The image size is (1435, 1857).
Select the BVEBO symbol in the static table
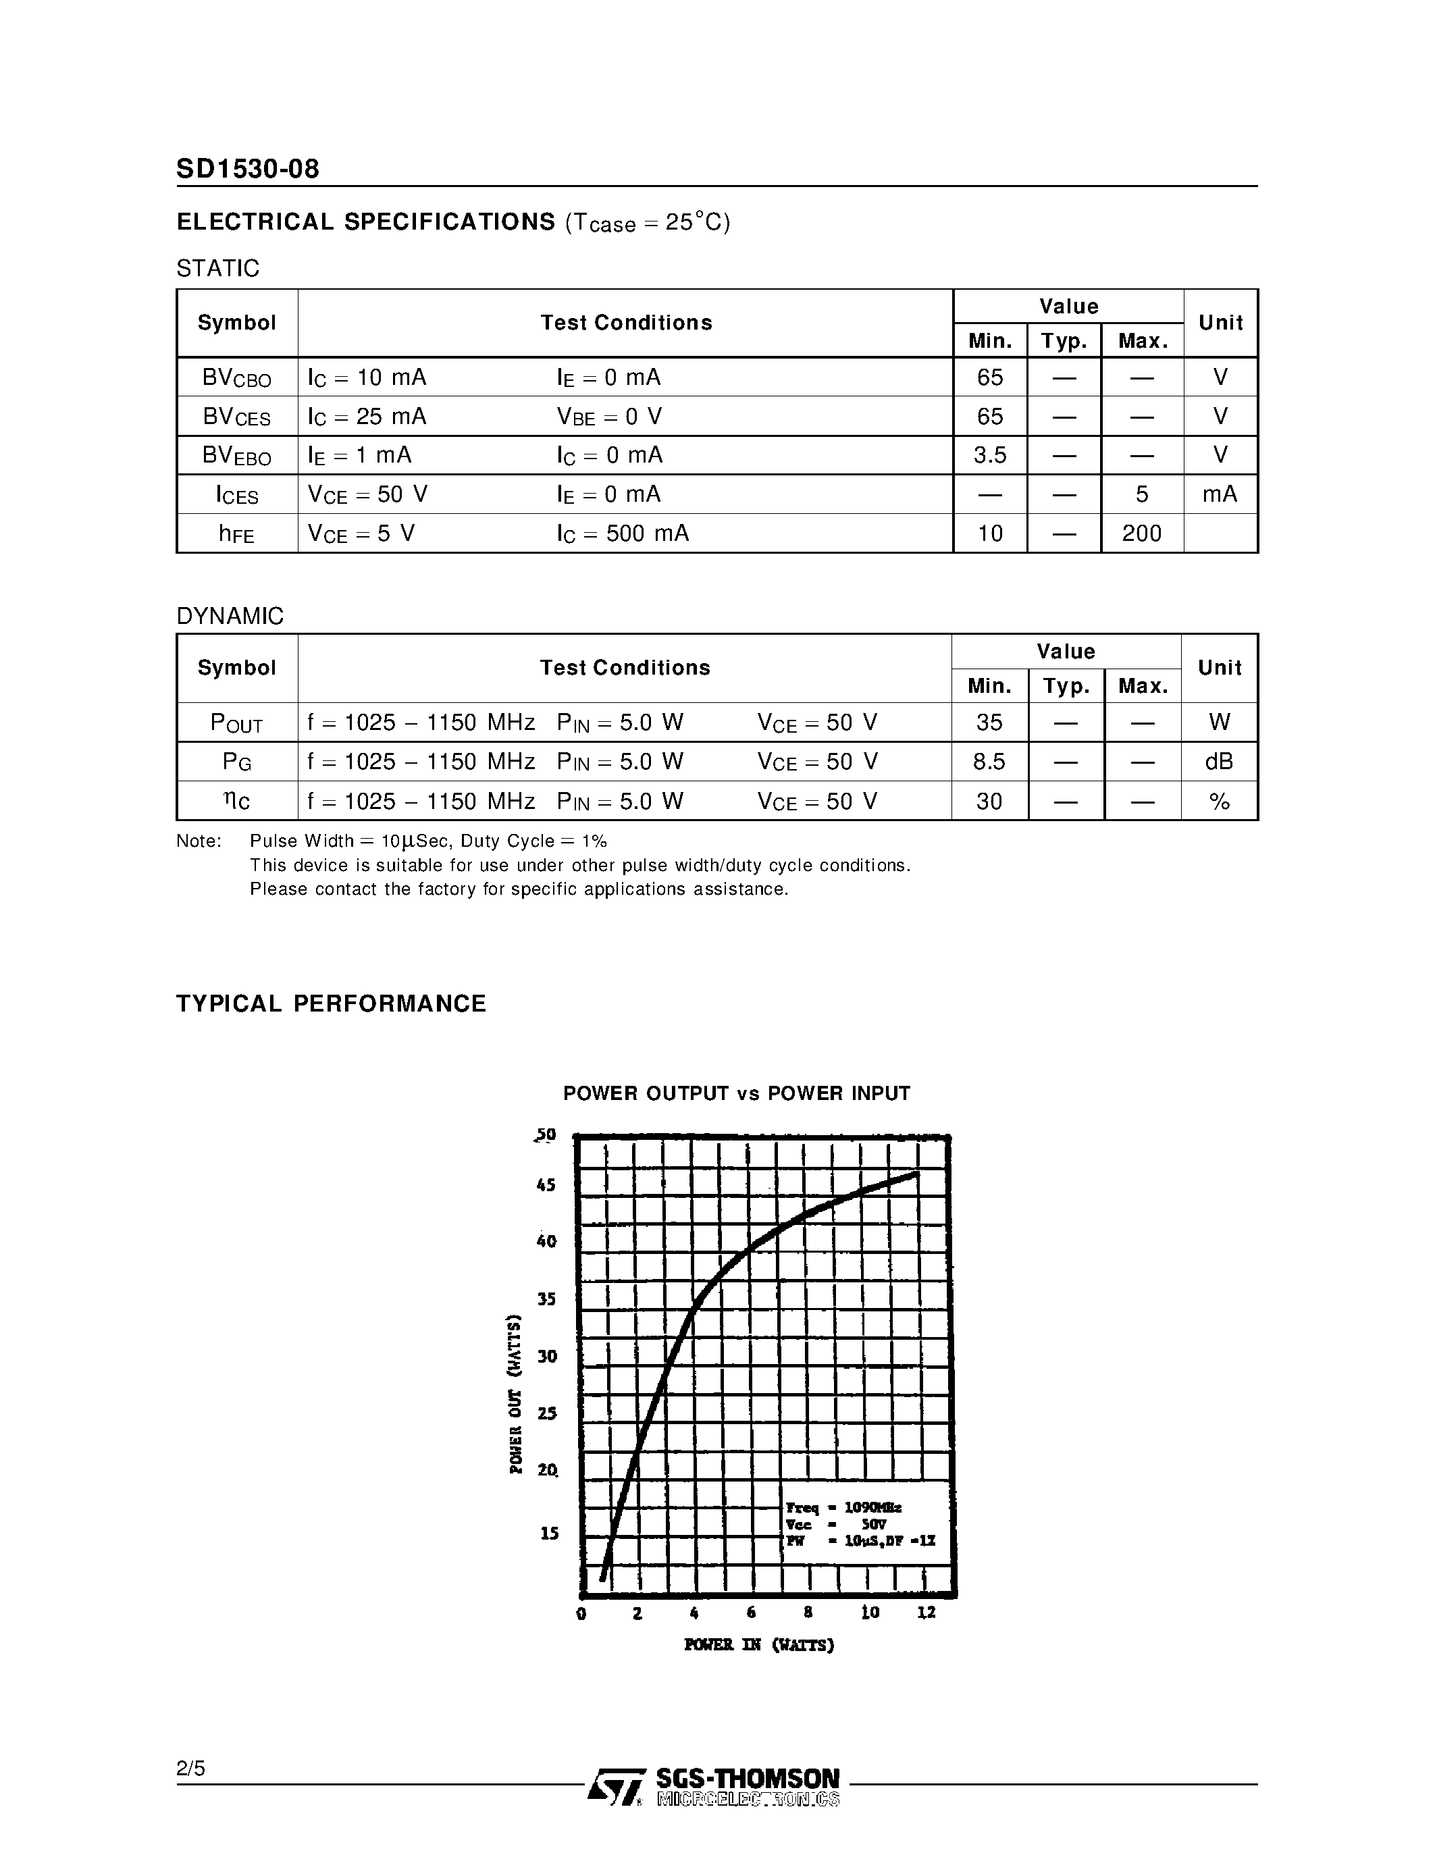tap(236, 456)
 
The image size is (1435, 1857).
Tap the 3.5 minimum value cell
tap(989, 455)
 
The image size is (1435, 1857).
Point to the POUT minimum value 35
tap(989, 722)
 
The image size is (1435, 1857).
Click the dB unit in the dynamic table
tap(1218, 762)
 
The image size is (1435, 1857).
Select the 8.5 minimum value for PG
tap(989, 762)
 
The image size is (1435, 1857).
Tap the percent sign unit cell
tap(1218, 801)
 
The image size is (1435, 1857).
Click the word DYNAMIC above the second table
tap(230, 616)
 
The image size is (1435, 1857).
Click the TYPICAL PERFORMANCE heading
tap(331, 1003)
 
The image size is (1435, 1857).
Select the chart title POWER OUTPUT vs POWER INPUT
tap(736, 1093)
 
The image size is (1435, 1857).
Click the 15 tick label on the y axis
tap(550, 1533)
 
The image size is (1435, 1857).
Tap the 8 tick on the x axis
tap(808, 1612)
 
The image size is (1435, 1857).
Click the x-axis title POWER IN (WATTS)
tap(758, 1644)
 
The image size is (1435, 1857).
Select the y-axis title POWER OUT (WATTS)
tap(515, 1394)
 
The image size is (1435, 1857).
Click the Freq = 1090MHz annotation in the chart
tap(843, 1507)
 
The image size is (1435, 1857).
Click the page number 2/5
tap(190, 1769)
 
